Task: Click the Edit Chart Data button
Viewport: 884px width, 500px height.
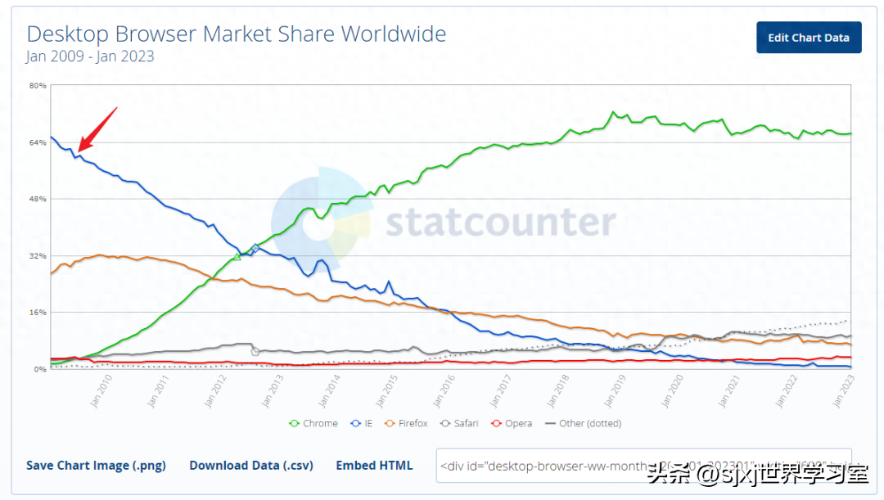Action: pos(808,38)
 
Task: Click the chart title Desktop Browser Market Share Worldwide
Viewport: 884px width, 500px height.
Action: pos(237,34)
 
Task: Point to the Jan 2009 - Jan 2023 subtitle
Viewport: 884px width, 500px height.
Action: pos(90,56)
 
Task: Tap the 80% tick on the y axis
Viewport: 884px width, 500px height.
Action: pos(38,86)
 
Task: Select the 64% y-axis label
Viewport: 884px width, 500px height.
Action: pos(38,142)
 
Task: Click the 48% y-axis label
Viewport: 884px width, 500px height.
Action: pos(38,199)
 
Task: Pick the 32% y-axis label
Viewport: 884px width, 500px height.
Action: pos(38,255)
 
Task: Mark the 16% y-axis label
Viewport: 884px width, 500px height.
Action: pos(38,312)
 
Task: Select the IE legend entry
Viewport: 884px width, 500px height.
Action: pos(364,424)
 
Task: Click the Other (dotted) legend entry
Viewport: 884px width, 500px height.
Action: pos(584,424)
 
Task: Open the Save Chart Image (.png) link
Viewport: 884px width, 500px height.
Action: pos(96,466)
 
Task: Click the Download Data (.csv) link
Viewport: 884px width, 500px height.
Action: pos(251,466)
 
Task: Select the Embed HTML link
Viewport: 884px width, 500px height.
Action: pos(374,466)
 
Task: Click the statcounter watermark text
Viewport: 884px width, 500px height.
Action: pos(501,222)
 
